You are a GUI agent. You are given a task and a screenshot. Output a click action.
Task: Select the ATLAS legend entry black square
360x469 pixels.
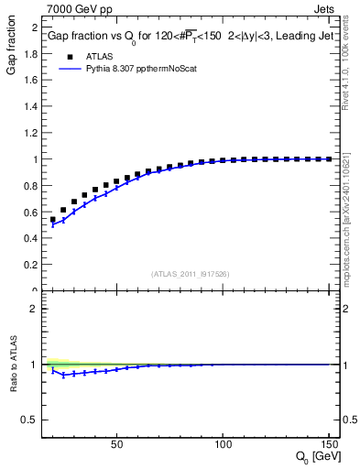69,56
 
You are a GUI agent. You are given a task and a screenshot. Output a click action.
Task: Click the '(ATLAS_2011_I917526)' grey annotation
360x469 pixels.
191,274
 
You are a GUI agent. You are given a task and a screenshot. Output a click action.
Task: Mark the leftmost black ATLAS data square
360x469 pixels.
53,220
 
